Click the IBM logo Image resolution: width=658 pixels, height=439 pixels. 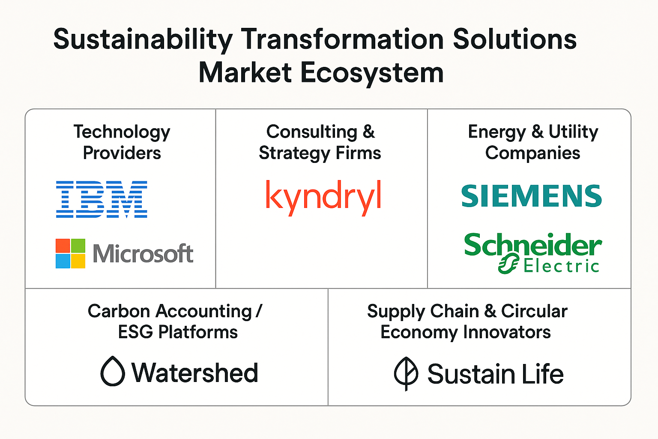(x=102, y=199)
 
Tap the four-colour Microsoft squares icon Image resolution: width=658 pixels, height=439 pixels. (x=71, y=253)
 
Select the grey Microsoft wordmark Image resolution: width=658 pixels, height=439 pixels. (x=143, y=253)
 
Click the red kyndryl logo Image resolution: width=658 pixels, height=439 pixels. (x=323, y=198)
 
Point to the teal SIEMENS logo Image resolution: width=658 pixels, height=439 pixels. (x=532, y=196)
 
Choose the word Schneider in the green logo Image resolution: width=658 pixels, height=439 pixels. (x=533, y=245)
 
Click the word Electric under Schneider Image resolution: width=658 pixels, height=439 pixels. (x=561, y=266)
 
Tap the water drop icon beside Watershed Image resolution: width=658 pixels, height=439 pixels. (x=113, y=371)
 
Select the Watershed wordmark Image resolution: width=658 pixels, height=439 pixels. (x=195, y=373)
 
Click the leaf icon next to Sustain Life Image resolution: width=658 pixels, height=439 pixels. (x=406, y=374)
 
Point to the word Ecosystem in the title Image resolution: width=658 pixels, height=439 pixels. (x=372, y=73)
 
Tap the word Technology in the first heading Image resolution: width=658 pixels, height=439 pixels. (x=122, y=132)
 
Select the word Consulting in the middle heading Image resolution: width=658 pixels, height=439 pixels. (x=312, y=132)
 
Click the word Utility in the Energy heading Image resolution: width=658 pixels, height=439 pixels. (x=574, y=132)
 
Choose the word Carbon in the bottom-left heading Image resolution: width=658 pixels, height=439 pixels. (x=119, y=311)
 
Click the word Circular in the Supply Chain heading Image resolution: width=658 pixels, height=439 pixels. (x=534, y=311)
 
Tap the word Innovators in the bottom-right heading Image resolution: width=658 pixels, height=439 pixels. (x=507, y=332)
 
